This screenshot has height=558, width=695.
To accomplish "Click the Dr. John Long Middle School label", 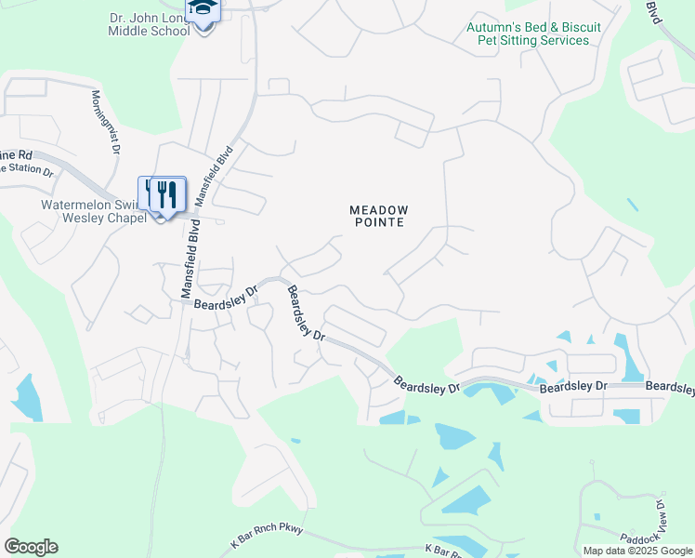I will point(149,22).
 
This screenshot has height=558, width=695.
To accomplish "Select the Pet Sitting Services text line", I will point(533,40).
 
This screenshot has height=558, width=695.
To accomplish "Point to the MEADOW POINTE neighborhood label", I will point(379,218).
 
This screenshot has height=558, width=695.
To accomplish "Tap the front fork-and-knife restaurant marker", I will point(167,193).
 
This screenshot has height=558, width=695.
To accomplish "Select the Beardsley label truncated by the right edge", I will point(670,386).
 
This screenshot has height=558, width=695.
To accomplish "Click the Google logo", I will point(31,547).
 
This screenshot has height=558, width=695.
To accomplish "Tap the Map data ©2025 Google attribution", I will point(637,551).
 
